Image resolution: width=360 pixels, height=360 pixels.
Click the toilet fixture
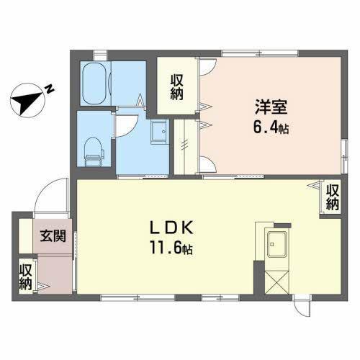click(x=92, y=149)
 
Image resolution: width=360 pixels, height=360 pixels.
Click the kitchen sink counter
click(x=275, y=248)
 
